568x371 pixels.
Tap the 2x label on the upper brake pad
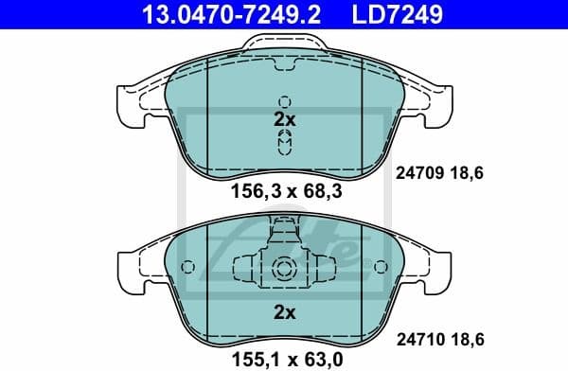[x=284, y=120]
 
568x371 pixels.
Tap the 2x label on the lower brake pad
[x=284, y=311]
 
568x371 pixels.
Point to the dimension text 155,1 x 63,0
[x=284, y=359]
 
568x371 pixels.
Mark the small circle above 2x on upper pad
[x=284, y=101]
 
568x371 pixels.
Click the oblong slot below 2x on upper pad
[x=284, y=143]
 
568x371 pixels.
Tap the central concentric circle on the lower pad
[x=284, y=269]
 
